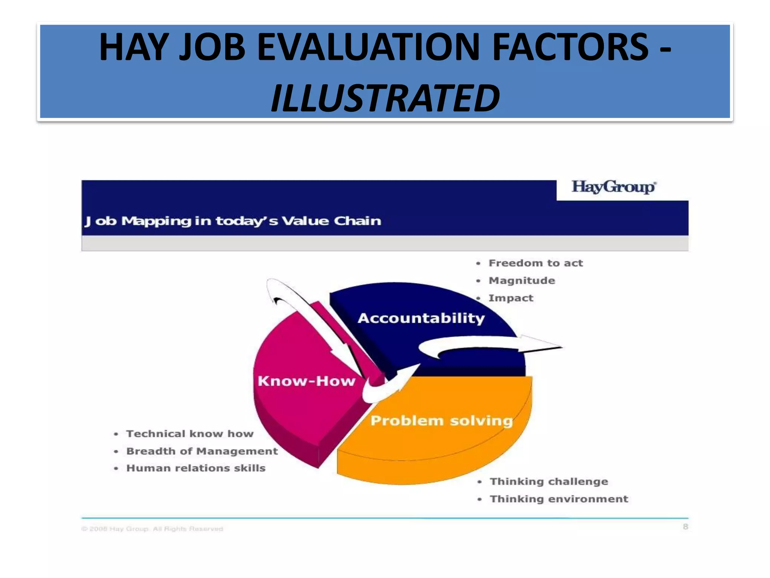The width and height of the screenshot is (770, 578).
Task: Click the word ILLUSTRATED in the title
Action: (385, 98)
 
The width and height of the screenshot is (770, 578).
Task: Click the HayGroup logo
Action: (614, 187)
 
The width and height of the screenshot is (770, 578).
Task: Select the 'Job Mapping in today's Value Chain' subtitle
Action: (233, 221)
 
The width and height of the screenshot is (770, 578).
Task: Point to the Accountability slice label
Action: (421, 318)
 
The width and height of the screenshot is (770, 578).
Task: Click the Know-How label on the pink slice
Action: (306, 381)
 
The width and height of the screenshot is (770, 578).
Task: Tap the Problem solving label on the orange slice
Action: (442, 421)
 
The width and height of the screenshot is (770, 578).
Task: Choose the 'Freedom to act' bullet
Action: (535, 263)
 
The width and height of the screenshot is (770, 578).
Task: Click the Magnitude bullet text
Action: (521, 281)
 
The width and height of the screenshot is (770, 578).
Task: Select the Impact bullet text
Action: (511, 298)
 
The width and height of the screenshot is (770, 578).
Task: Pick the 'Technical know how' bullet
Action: (190, 434)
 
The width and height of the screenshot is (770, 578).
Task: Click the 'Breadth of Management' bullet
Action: (202, 451)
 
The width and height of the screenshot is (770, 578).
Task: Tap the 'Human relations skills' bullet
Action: (196, 468)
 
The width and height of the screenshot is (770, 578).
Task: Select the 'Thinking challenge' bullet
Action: (549, 482)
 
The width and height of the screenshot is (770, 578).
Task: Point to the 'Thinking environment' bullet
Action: (559, 499)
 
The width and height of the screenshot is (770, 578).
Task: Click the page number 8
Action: (685, 527)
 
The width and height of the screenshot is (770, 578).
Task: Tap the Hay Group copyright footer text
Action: (152, 529)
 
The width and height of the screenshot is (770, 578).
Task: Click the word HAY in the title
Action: (133, 47)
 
